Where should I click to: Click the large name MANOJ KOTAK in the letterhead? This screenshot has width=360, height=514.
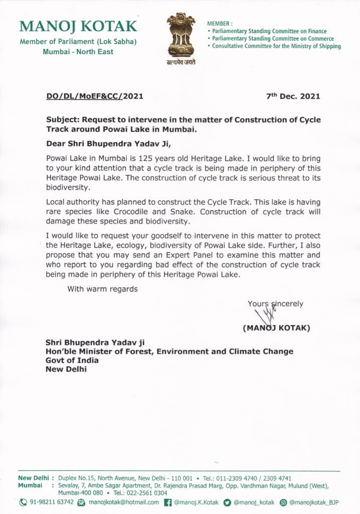(78, 27)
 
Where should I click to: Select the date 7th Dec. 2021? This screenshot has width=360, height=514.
(293, 96)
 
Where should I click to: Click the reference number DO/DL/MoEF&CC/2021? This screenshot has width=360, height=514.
(94, 96)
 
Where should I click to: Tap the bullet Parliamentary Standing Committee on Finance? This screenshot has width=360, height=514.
(269, 31)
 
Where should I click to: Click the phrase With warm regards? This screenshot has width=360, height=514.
(102, 289)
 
